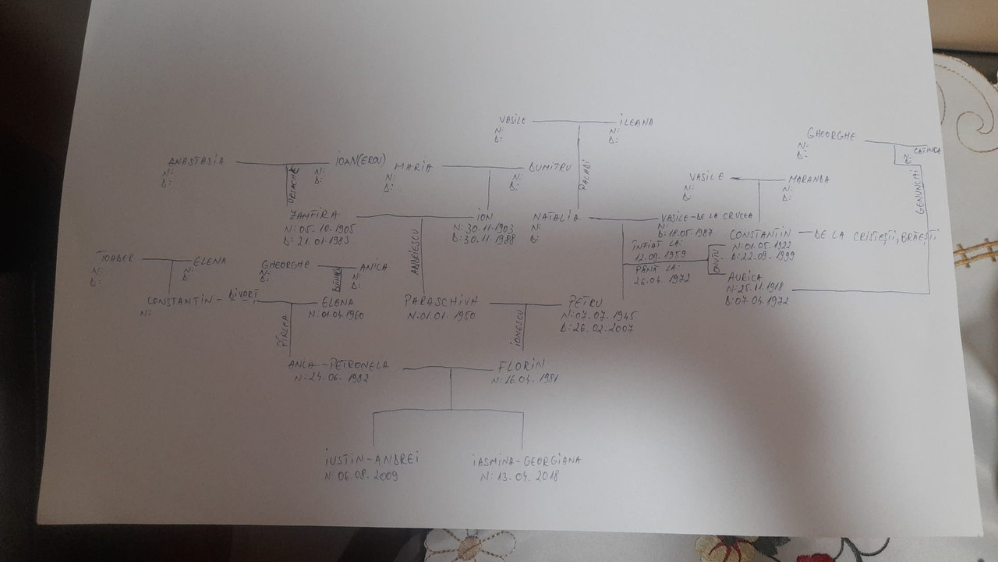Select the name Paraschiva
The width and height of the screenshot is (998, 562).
[x=441, y=301]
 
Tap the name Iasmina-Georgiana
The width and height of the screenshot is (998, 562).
[x=528, y=461]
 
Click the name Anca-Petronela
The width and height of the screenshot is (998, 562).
[x=338, y=365]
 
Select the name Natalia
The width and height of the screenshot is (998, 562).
[x=556, y=216]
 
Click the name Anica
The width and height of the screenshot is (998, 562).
[x=373, y=266]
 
